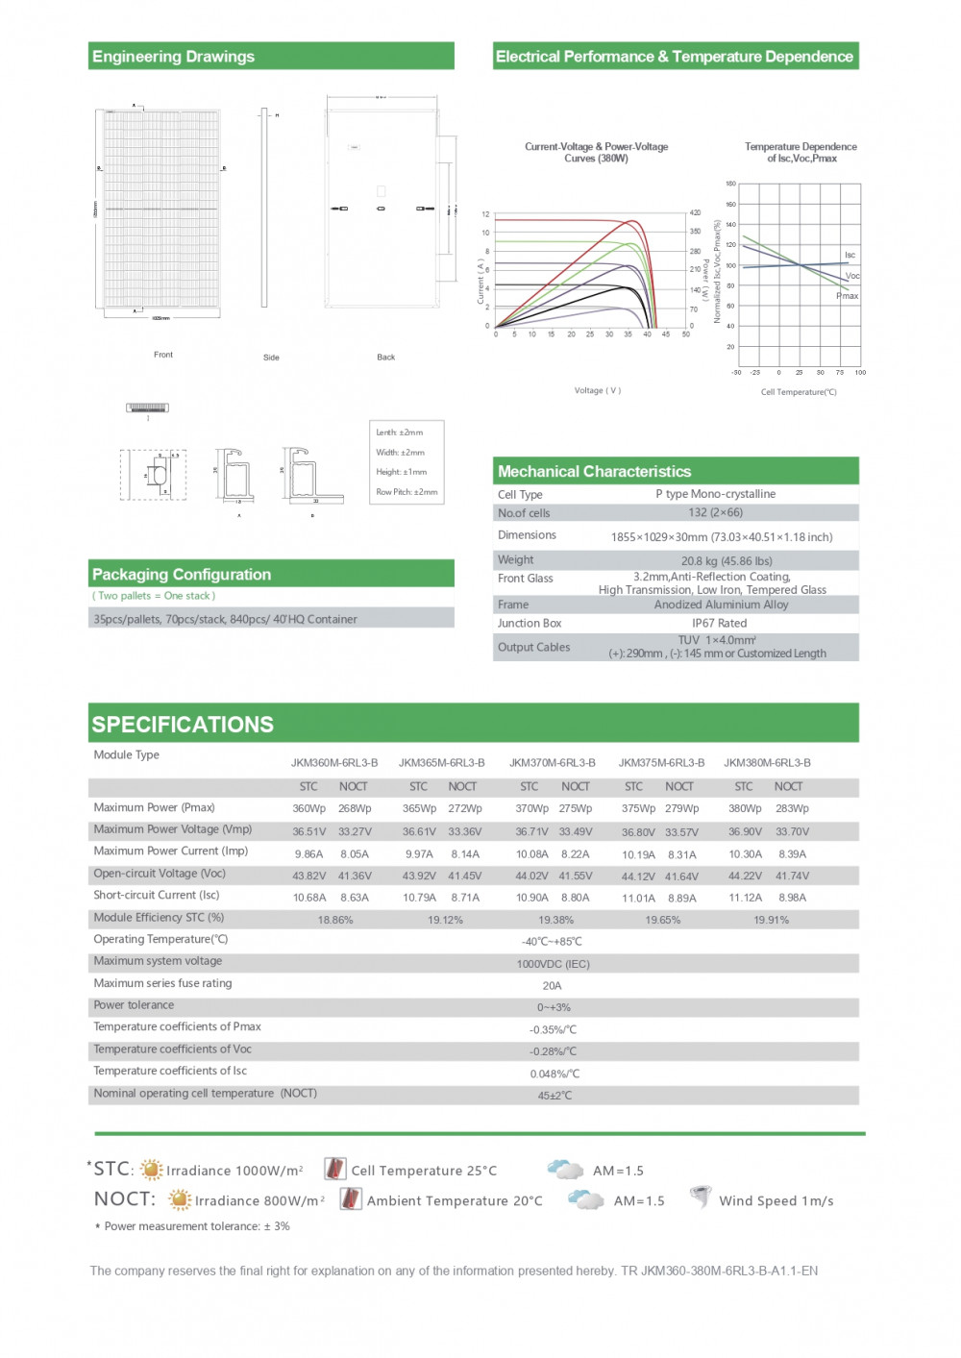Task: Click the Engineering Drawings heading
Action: (173, 57)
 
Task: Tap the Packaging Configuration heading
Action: (182, 575)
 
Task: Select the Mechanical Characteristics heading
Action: (594, 472)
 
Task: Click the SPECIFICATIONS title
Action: (183, 725)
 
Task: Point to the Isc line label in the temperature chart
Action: (850, 255)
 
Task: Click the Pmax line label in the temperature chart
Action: (847, 296)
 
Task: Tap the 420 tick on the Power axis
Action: (695, 212)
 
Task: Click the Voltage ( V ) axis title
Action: (598, 390)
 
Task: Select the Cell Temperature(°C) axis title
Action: (799, 392)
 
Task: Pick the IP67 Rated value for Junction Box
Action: (719, 623)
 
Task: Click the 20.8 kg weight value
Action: (727, 561)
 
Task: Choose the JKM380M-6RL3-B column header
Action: (767, 763)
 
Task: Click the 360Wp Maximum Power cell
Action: (308, 809)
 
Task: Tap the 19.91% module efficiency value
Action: (771, 920)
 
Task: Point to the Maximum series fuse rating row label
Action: (162, 983)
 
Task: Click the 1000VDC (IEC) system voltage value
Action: (553, 964)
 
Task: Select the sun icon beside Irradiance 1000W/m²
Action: (151, 1170)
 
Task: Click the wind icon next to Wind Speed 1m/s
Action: (702, 1198)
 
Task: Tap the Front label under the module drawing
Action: (163, 355)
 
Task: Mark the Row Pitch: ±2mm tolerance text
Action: (407, 492)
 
